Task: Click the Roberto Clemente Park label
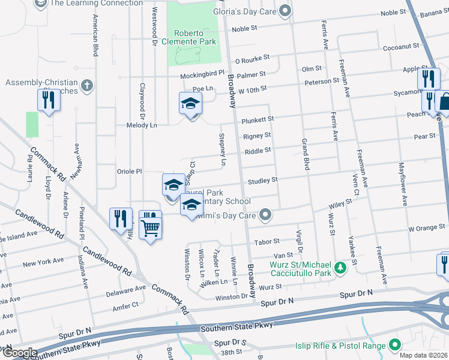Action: (194, 37)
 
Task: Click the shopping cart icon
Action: (150, 227)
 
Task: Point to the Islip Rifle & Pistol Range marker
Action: (395, 345)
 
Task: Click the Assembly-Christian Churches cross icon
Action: (87, 85)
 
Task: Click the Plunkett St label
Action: (258, 120)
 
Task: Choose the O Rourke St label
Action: (252, 60)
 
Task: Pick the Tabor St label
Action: (267, 241)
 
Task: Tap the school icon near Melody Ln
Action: (190, 104)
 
